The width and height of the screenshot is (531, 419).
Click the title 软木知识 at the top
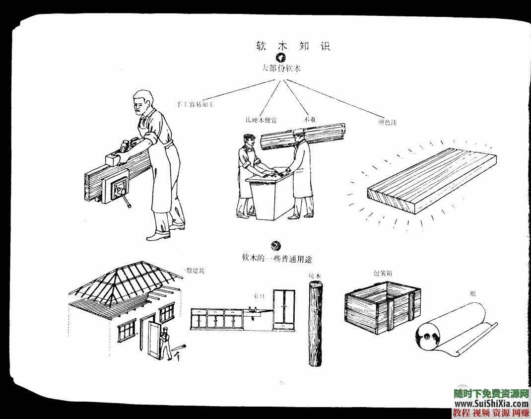click(x=292, y=46)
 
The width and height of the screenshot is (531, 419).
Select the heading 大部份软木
click(x=281, y=69)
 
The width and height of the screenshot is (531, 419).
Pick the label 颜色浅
click(x=387, y=122)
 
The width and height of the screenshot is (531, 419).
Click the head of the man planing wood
click(x=142, y=101)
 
